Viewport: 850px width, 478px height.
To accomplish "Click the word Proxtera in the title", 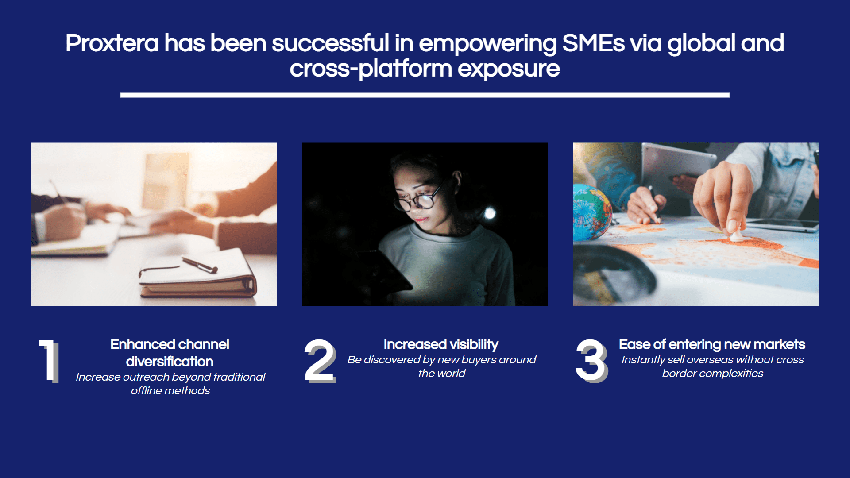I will click(112, 43).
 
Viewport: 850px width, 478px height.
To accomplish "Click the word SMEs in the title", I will click(593, 43).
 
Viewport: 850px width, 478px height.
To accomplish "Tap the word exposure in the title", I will click(509, 69).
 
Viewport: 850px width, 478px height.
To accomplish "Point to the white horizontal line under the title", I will click(425, 95).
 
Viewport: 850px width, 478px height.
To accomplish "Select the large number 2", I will click(320, 361).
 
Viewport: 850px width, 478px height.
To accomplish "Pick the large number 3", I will click(591, 361).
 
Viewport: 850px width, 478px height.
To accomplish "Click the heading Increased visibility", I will click(441, 344).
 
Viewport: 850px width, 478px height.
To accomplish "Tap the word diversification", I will click(170, 362).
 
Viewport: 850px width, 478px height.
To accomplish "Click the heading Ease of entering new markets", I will click(712, 344).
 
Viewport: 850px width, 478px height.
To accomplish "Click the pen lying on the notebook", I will click(200, 265).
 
